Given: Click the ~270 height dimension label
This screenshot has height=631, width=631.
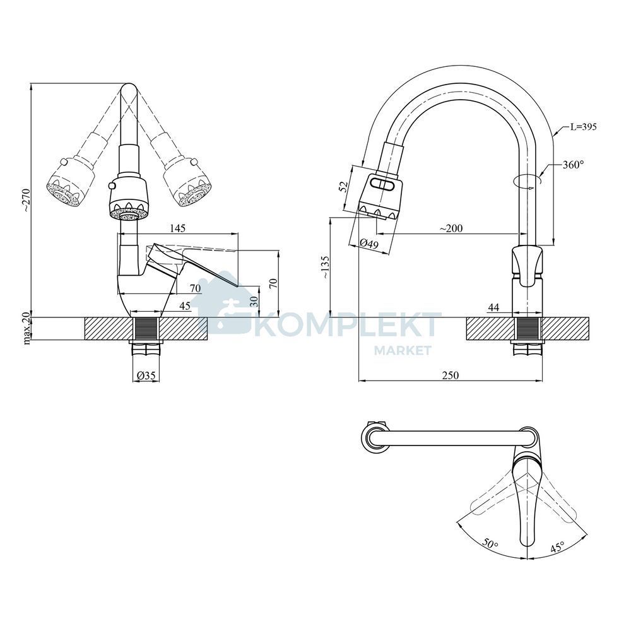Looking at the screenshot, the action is (26, 200).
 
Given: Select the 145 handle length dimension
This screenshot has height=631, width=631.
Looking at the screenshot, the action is (177, 228).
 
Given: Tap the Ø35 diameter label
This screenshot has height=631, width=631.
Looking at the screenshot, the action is (146, 375).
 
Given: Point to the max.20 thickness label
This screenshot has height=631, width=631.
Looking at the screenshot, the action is (27, 329).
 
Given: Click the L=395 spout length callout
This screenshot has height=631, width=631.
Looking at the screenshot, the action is (582, 127).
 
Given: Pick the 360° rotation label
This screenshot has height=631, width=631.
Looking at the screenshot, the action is (573, 164).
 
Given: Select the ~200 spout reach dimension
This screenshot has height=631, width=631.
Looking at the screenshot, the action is (451, 228).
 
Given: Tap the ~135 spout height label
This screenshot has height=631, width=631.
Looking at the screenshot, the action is (325, 268).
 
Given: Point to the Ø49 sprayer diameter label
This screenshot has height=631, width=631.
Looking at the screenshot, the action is (369, 244).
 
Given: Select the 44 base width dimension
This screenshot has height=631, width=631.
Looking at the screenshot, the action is (493, 307).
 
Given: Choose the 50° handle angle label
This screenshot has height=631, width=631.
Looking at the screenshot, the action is (490, 545).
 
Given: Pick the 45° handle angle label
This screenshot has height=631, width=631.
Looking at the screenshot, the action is (557, 547).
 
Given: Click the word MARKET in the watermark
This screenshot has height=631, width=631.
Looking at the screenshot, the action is (403, 350).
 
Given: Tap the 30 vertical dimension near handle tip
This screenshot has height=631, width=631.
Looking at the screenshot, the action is (253, 302).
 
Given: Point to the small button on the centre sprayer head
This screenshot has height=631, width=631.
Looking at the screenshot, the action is (112, 186).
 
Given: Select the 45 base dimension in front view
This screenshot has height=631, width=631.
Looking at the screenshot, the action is (185, 306).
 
